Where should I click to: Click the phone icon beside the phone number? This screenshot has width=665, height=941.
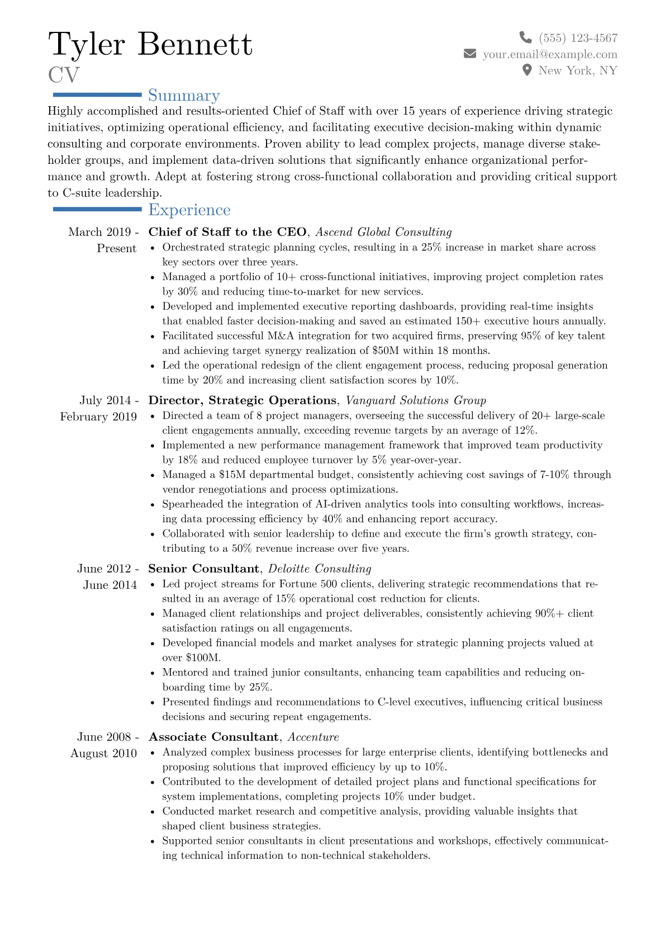pyautogui.click(x=525, y=37)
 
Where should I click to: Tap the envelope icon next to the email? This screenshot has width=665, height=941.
pyautogui.click(x=470, y=54)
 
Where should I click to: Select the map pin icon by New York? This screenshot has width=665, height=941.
pyautogui.click(x=526, y=70)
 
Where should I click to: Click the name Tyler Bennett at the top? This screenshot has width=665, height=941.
pyautogui.click(x=150, y=44)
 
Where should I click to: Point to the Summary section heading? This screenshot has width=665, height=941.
pyautogui.click(x=184, y=96)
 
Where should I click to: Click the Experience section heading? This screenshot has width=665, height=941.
pyautogui.click(x=189, y=210)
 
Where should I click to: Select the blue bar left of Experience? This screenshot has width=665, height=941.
pyautogui.click(x=97, y=209)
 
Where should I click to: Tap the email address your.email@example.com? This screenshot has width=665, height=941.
pyautogui.click(x=550, y=54)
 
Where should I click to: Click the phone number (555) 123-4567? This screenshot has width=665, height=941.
pyautogui.click(x=578, y=38)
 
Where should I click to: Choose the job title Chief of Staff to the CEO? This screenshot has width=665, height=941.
pyautogui.click(x=227, y=232)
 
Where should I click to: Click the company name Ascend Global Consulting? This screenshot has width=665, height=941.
pyautogui.click(x=383, y=232)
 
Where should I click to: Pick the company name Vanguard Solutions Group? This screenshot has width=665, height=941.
pyautogui.click(x=416, y=400)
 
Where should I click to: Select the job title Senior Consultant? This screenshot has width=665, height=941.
pyautogui.click(x=203, y=569)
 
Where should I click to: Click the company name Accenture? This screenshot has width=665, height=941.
pyautogui.click(x=313, y=737)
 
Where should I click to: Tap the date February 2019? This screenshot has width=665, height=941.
pyautogui.click(x=98, y=417)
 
